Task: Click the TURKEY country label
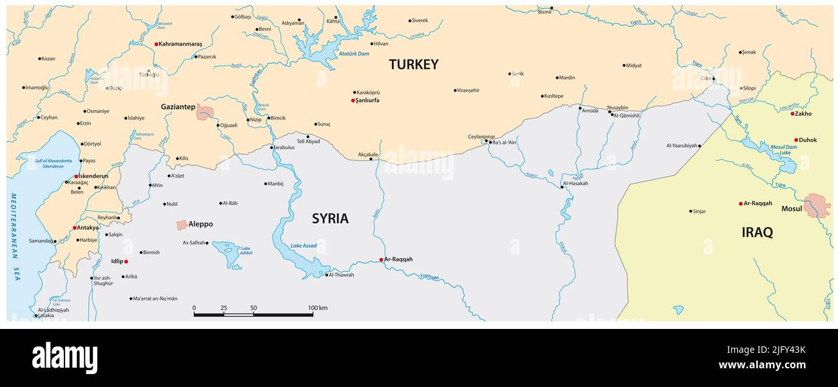coord(413,64)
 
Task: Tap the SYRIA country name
coord(330,219)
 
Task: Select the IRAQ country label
coord(757,233)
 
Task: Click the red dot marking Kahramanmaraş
coord(156,45)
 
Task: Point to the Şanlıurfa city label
coord(367,101)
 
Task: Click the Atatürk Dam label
coord(354,54)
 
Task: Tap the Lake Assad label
coord(303,246)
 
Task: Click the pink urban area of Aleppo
coord(182,224)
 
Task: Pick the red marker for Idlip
coord(126,261)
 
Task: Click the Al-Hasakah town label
coord(576,183)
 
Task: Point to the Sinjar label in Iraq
coord(699,211)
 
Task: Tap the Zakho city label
coord(803,114)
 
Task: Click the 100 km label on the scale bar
coord(317,308)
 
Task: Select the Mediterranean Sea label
coord(14,235)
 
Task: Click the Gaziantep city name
coord(178,107)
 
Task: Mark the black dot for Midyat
coord(624,65)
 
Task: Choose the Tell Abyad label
coord(307,142)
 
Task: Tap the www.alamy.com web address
coord(762,366)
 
